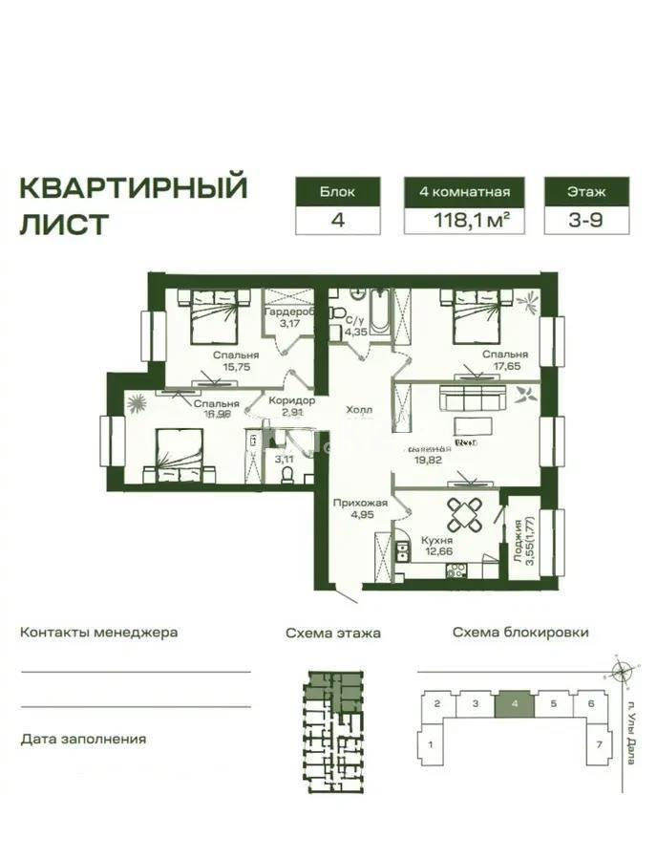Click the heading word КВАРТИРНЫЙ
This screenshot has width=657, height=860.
pos(134,186)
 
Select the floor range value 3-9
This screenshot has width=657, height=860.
pos(587,221)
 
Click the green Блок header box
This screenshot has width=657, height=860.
pos(338,191)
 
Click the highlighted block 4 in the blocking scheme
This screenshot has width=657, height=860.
pos(516,704)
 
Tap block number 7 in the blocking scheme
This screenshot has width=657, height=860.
pos(598,742)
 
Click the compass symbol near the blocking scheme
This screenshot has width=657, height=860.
pos(622,673)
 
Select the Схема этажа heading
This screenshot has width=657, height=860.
pos(333,633)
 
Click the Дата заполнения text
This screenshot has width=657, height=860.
pos(83,740)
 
